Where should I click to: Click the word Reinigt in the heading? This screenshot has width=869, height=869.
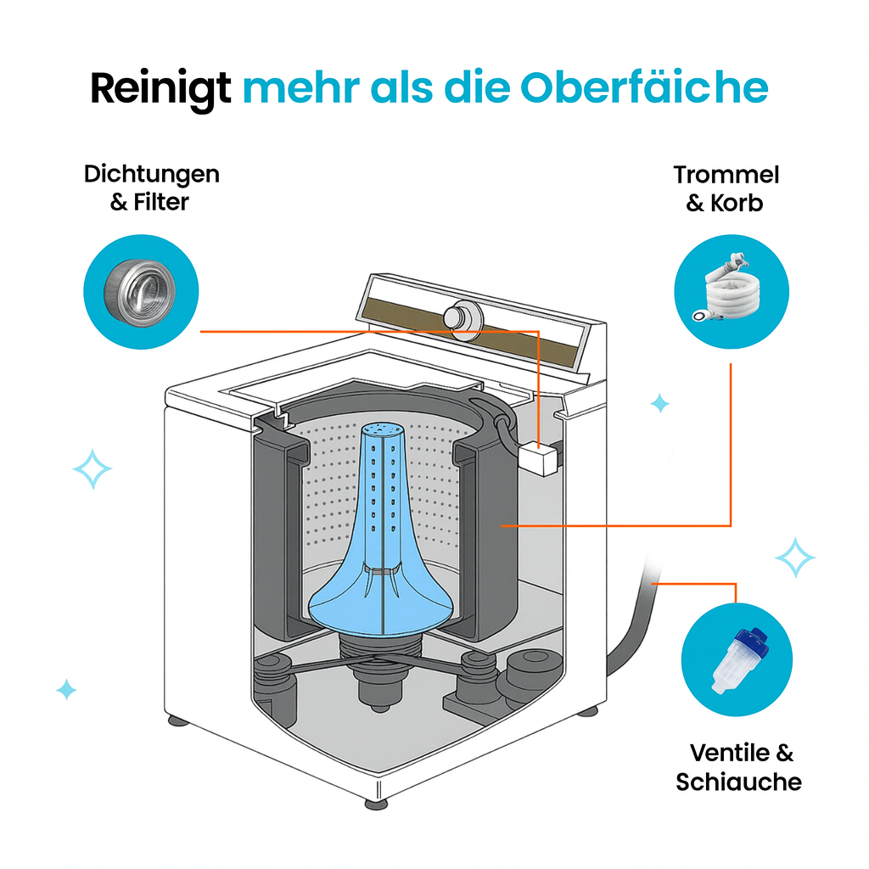click(x=160, y=87)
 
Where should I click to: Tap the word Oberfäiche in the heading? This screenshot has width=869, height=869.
click(x=644, y=87)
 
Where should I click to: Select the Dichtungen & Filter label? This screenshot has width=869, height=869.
click(x=151, y=188)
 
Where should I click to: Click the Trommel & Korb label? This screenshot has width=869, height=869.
click(x=726, y=188)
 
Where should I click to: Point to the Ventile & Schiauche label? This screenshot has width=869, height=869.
click(x=740, y=766)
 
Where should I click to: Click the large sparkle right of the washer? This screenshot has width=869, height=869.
click(x=794, y=558)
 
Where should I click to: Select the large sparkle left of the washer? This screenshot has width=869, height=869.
click(x=92, y=469)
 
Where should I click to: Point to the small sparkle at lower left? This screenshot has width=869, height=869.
click(x=66, y=689)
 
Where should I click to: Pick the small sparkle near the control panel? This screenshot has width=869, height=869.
click(x=659, y=403)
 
